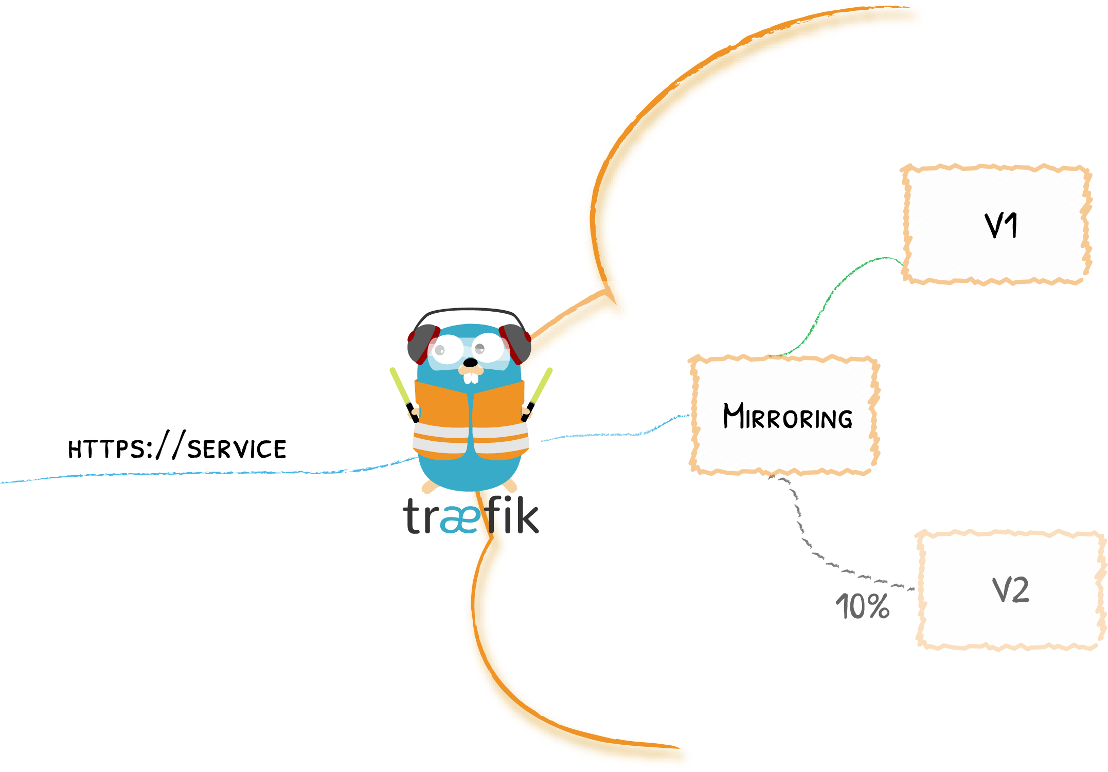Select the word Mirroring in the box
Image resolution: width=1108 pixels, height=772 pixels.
click(x=787, y=416)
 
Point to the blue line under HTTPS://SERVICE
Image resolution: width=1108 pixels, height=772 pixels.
click(x=206, y=473)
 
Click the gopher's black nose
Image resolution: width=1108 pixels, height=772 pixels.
click(x=470, y=363)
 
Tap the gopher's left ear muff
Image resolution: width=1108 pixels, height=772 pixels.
click(x=422, y=344)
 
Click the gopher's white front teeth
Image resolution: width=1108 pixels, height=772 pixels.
click(x=471, y=378)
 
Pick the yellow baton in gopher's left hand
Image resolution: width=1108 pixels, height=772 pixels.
click(x=400, y=386)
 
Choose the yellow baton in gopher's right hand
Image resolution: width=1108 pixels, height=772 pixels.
click(x=542, y=386)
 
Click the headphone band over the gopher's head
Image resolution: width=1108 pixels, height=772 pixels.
click(x=469, y=311)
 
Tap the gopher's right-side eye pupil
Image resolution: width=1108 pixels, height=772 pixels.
click(x=479, y=349)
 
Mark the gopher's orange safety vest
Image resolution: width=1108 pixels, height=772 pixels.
click(x=442, y=406)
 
